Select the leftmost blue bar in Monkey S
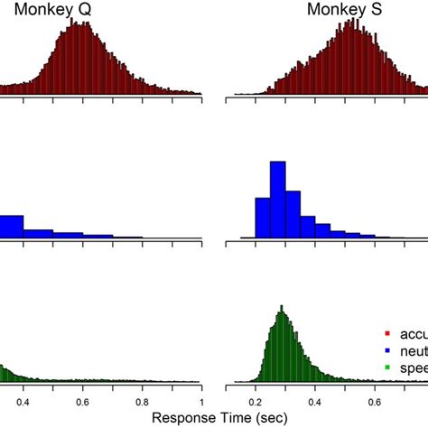pyautogui.click(x=263, y=218)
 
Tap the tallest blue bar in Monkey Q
pyautogui.click(x=11, y=227)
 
